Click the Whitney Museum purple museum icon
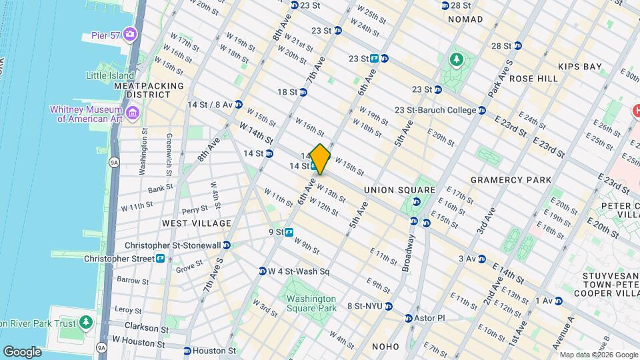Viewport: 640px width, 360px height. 132,114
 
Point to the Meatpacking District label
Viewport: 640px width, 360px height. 149,91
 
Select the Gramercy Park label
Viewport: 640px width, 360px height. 511,180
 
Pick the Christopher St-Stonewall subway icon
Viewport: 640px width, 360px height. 227,245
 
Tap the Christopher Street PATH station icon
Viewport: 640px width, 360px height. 161,259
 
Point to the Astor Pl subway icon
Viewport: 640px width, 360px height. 409,318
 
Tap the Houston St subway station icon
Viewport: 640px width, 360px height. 187,351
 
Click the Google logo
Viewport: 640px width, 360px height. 22,351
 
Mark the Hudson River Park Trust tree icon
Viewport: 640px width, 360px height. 85,323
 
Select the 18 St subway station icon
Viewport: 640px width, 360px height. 303,93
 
